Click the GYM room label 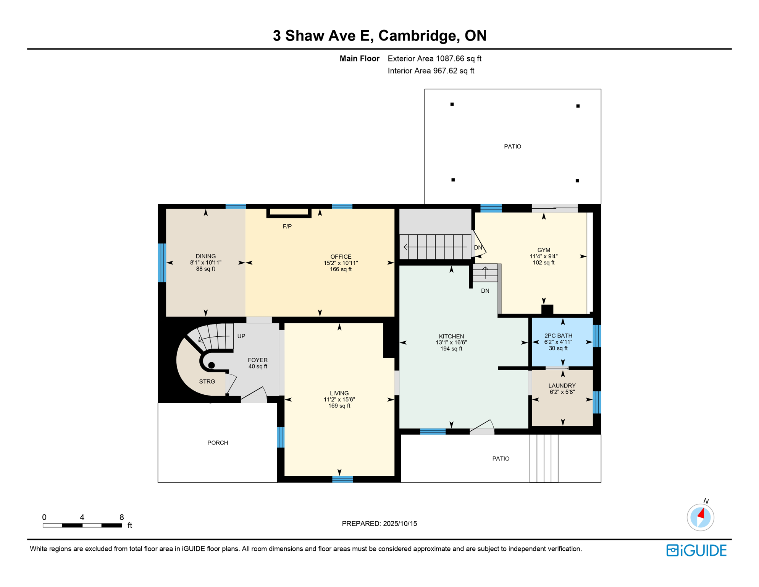coord(543,250)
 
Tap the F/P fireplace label coord(287,226)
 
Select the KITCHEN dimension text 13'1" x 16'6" coord(451,342)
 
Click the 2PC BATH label coord(558,336)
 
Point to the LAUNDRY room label coord(562,386)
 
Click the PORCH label coord(218,443)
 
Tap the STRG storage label coord(207,381)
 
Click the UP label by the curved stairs coord(241,336)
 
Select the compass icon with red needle coord(700,517)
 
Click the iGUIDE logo coord(696,550)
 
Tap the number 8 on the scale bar coord(121,517)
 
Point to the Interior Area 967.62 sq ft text coord(431,71)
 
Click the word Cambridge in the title coord(419,36)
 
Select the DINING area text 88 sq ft coord(205,269)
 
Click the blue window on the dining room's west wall coord(162,263)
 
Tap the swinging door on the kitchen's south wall coord(482,427)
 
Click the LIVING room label coord(339,393)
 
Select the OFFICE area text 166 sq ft coord(341,269)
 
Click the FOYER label coord(258,360)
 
